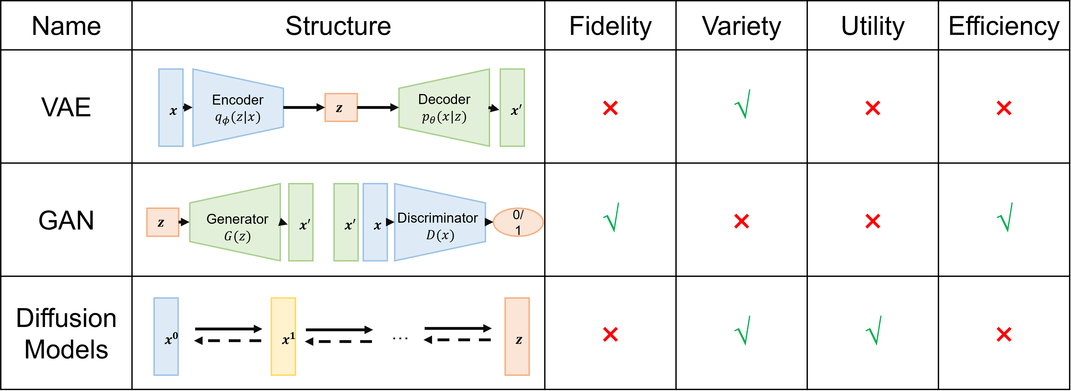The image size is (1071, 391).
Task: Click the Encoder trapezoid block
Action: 238,100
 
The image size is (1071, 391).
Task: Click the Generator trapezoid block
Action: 237,219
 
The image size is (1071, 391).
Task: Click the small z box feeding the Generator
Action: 163,222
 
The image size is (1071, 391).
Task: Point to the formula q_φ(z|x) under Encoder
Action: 238,117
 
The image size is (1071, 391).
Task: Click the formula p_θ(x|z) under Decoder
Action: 444,117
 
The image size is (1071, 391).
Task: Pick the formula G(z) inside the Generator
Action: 237,236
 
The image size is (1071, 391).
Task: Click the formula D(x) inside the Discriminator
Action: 440,235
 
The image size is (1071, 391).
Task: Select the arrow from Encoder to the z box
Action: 304,107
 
